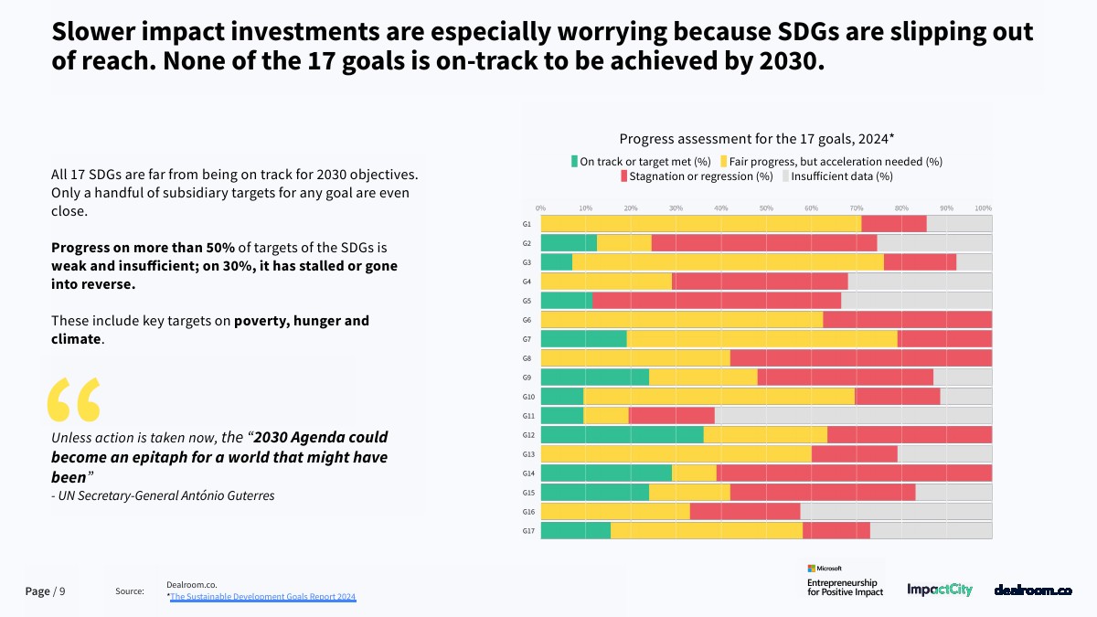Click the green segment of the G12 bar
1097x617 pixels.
[622, 434]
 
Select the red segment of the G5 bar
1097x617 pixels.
[716, 300]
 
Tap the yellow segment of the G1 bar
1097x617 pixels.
[700, 223]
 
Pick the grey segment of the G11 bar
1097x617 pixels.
[853, 415]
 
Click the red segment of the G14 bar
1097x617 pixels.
[855, 473]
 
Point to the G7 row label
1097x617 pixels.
[527, 339]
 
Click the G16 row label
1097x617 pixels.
[527, 512]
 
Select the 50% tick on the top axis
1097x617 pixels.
[766, 208]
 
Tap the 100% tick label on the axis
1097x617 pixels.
[984, 208]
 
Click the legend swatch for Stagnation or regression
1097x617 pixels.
[623, 176]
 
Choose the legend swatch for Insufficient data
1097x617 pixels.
[785, 176]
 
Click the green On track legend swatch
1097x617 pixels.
[575, 162]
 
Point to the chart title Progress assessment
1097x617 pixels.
[756, 139]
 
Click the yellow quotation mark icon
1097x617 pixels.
[73, 399]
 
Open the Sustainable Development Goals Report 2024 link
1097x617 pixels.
[263, 597]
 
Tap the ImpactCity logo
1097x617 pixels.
[940, 590]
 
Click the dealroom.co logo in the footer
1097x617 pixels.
[1033, 590]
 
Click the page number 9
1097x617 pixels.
[62, 591]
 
